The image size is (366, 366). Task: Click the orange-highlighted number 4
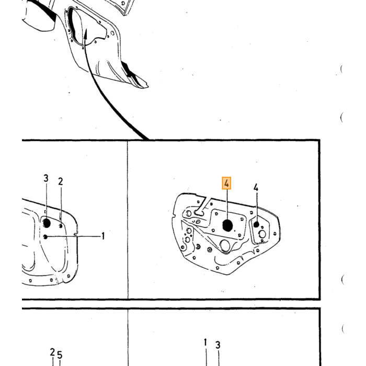click(226, 183)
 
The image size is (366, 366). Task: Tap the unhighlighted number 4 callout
click(256, 187)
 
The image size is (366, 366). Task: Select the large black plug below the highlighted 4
click(227, 225)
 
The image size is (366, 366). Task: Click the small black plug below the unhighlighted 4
click(256, 224)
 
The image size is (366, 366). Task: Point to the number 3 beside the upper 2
click(46, 178)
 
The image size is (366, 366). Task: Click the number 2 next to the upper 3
click(61, 181)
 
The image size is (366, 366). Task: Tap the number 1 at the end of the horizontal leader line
click(102, 236)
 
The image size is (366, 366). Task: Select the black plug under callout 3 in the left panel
click(47, 223)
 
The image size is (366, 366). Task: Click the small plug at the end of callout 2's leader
click(61, 226)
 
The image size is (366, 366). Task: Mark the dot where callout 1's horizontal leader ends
click(45, 237)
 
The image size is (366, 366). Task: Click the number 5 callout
click(60, 355)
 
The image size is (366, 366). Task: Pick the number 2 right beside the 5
click(52, 352)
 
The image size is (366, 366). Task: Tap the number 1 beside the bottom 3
click(205, 342)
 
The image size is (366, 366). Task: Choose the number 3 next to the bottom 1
click(218, 345)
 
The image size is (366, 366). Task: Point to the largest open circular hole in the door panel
click(225, 246)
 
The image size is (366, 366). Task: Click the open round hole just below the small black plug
click(262, 234)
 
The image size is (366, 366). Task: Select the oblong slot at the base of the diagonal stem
click(199, 213)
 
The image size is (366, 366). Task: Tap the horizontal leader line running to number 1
click(74, 236)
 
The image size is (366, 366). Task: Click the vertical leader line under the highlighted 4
click(226, 204)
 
